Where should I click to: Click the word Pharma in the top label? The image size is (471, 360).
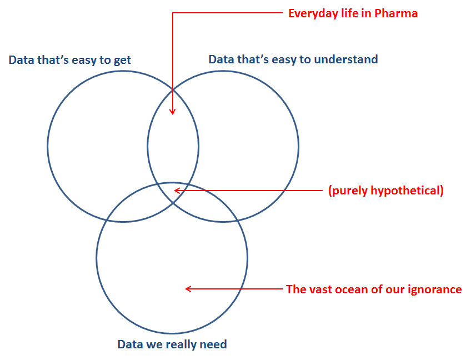click(x=396, y=13)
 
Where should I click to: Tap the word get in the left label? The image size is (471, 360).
click(x=122, y=61)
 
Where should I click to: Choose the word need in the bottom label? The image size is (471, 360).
click(x=214, y=344)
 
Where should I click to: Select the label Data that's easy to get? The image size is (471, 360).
click(x=69, y=60)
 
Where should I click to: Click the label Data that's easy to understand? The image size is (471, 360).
click(x=293, y=59)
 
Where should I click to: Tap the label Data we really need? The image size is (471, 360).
click(x=172, y=344)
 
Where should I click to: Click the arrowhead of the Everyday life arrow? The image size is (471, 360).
click(x=172, y=112)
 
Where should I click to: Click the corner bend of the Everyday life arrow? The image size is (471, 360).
click(x=173, y=13)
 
